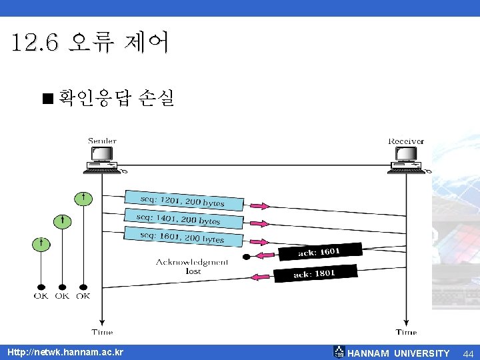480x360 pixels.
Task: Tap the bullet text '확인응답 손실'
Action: point(116,99)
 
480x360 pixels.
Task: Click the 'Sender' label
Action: point(102,141)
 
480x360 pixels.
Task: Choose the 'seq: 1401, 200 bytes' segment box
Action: point(178,219)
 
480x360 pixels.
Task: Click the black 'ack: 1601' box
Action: point(319,251)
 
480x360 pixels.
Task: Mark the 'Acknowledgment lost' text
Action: point(192,266)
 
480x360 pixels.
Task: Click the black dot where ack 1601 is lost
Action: point(246,257)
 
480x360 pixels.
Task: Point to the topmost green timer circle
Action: point(83,199)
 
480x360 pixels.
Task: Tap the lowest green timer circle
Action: point(41,243)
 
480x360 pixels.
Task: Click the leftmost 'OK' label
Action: point(41,296)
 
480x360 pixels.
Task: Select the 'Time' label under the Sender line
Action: point(101,332)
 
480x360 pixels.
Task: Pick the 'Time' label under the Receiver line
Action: point(406,332)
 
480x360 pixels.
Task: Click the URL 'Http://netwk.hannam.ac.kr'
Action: point(65,352)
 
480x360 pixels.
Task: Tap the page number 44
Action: point(468,353)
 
